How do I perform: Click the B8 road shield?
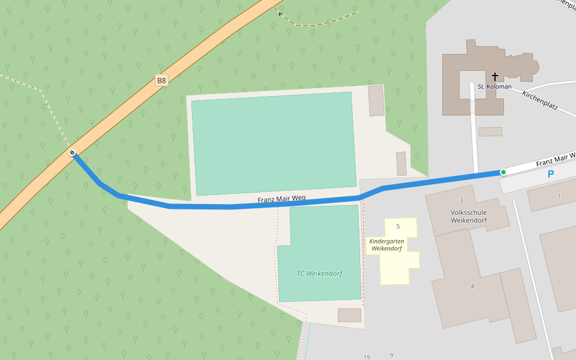tap(161, 80)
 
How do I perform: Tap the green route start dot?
tap(503, 172)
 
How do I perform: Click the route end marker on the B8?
tap(72, 153)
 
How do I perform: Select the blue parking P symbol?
tap(550, 174)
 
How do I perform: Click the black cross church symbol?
tap(495, 77)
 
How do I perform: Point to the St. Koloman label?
tap(494, 86)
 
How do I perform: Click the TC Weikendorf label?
tap(319, 274)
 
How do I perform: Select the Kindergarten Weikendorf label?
tap(385, 245)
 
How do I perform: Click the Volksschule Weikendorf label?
tap(468, 216)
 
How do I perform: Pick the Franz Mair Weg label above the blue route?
tap(282, 199)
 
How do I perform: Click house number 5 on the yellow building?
tap(398, 226)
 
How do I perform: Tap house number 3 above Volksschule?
tap(461, 200)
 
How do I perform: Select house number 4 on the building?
tap(472, 286)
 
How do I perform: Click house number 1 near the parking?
tap(559, 196)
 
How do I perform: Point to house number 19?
tap(367, 357)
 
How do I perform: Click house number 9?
tap(391, 355)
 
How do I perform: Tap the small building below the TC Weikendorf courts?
tap(349, 315)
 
